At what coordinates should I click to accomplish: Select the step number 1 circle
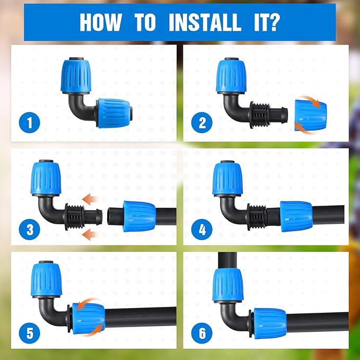pyautogui.click(x=30, y=123)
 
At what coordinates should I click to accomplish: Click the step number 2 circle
pyautogui.click(x=202, y=123)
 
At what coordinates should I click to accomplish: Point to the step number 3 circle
pyautogui.click(x=30, y=230)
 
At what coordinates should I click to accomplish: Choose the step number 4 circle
pyautogui.click(x=202, y=230)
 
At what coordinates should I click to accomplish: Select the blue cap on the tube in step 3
pyautogui.click(x=139, y=216)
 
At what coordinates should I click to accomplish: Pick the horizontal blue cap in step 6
pyautogui.click(x=270, y=322)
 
